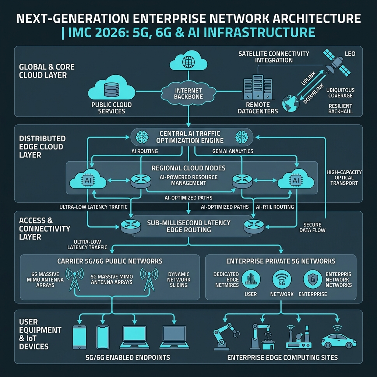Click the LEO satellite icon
(x=337, y=63)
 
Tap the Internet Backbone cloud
(x=188, y=93)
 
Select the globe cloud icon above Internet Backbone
(x=188, y=61)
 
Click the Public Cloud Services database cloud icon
(x=112, y=88)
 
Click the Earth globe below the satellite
(x=291, y=103)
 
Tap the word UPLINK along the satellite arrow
(x=309, y=79)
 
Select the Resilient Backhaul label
(x=341, y=109)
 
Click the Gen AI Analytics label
(x=233, y=151)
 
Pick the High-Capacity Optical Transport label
(x=344, y=178)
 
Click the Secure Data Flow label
(x=312, y=228)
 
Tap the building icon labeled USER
(x=251, y=279)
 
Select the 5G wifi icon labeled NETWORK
(x=282, y=279)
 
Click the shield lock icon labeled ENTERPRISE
(x=313, y=279)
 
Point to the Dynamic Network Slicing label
(x=179, y=280)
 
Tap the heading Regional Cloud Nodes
(x=188, y=168)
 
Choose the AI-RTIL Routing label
(x=275, y=207)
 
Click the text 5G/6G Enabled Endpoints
(x=128, y=357)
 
